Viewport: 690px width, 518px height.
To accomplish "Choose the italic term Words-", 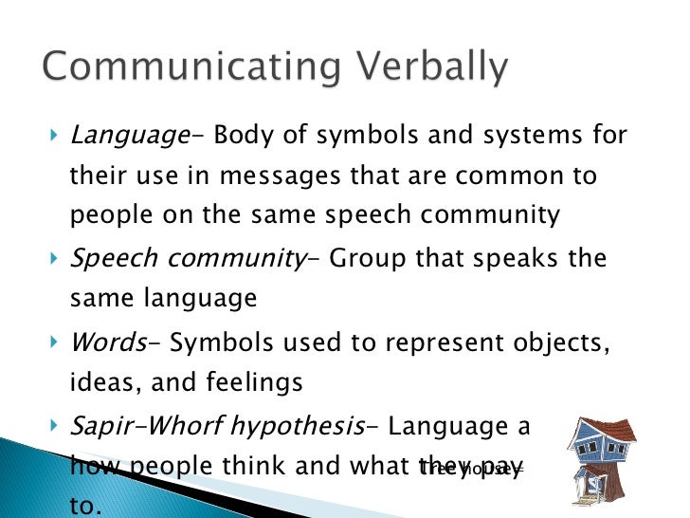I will click(x=107, y=341).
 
